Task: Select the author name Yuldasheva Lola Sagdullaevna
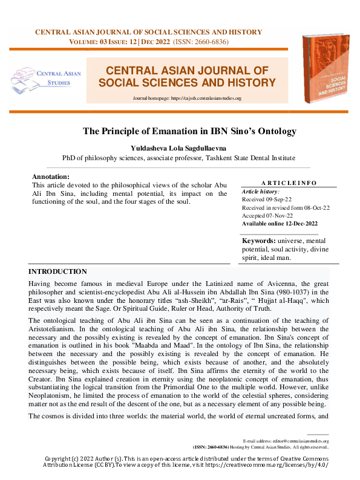pos(180,148)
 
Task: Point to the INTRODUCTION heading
pos(57,272)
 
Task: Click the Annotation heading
pos(50,177)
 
